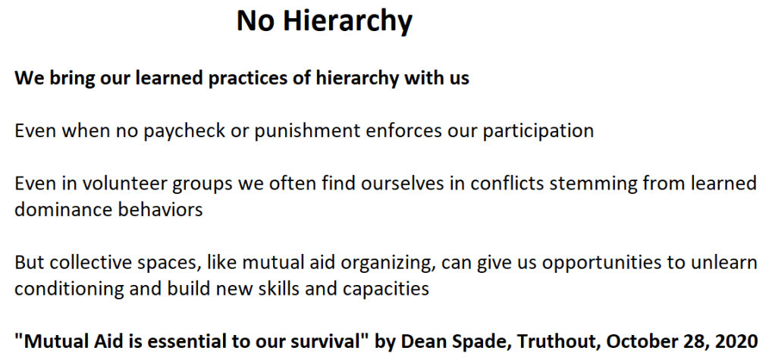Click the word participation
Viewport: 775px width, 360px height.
click(538, 131)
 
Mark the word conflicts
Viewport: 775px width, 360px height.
click(507, 183)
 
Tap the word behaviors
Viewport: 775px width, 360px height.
click(160, 209)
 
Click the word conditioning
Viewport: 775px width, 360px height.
click(69, 289)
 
